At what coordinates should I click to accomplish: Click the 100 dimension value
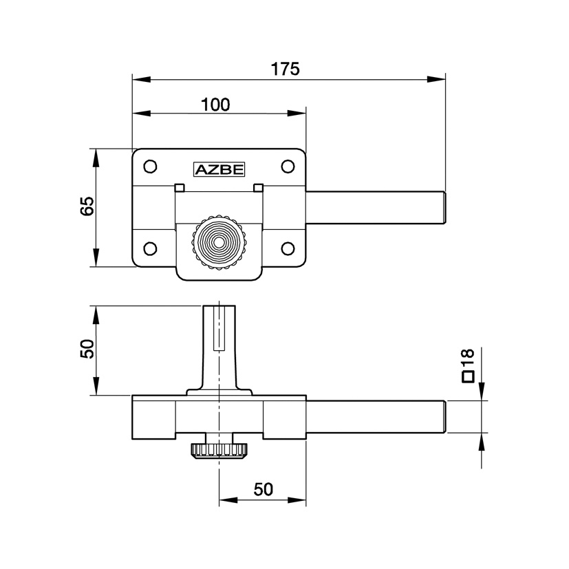[x=216, y=105]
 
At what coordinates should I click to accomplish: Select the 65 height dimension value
[x=87, y=207]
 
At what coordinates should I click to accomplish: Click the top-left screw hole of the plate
[x=149, y=166]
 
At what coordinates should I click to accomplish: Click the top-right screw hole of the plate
[x=288, y=166]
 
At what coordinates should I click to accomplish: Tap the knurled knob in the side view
[x=219, y=451]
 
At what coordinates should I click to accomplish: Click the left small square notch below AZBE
[x=180, y=188]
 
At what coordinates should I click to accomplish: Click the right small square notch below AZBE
[x=259, y=188]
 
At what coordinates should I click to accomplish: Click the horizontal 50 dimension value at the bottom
[x=264, y=489]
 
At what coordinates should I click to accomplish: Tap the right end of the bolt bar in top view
[x=444, y=208]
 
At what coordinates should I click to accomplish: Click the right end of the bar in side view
[x=444, y=416]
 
